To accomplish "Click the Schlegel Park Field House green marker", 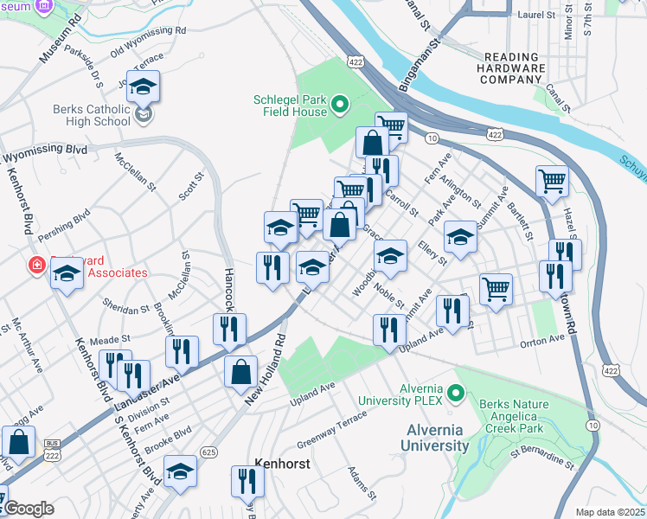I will pyautogui.click(x=340, y=106).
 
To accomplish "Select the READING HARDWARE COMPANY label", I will pyautogui.click(x=512, y=67).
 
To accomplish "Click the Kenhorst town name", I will pyautogui.click(x=282, y=464).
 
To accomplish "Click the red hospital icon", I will pyautogui.click(x=36, y=265).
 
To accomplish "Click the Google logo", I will pyautogui.click(x=28, y=508).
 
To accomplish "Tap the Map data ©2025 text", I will pyautogui.click(x=610, y=512).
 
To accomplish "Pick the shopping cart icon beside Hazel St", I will pyautogui.click(x=552, y=182).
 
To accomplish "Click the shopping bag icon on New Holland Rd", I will pyautogui.click(x=240, y=372).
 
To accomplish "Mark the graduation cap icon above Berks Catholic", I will pyautogui.click(x=144, y=86).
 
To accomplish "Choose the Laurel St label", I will pyautogui.click(x=537, y=15).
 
